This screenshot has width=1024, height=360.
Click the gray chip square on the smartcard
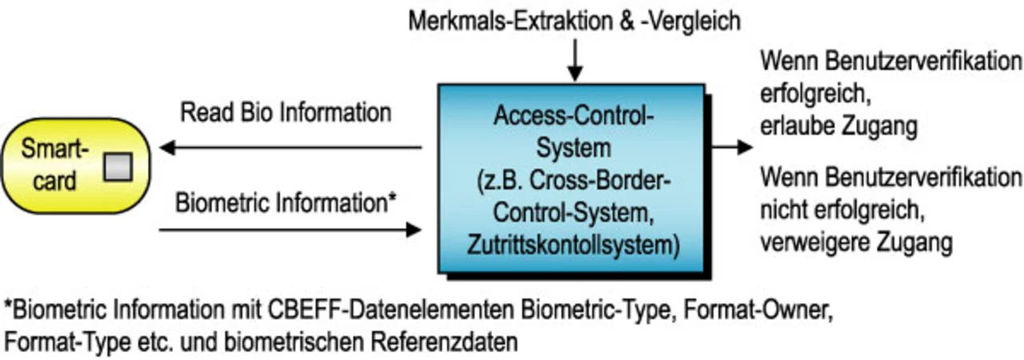(116, 166)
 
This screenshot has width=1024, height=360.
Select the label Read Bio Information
(286, 112)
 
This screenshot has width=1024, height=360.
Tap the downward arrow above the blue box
(574, 60)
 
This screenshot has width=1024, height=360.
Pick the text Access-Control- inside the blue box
(574, 117)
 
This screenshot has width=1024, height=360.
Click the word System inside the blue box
(574, 147)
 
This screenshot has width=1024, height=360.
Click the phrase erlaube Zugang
(838, 126)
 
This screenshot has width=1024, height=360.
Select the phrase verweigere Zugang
(856, 241)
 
